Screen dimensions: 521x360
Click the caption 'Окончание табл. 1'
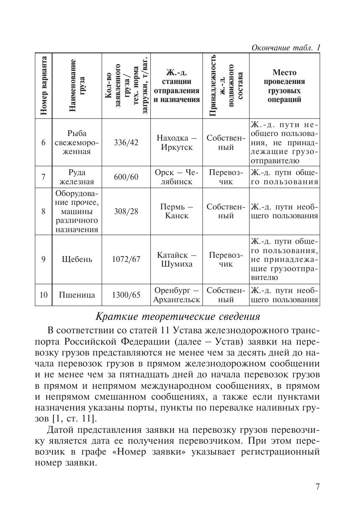click(286, 47)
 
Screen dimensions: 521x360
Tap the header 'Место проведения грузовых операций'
click(284, 86)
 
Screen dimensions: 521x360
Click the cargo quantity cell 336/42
click(126, 142)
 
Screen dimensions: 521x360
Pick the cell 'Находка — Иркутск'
click(176, 142)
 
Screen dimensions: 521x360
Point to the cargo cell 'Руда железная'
click(77, 177)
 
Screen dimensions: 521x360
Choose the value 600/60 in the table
click(126, 177)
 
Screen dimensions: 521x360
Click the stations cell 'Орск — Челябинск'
click(176, 177)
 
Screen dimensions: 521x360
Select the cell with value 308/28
click(126, 211)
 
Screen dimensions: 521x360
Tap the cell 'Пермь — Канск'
click(176, 211)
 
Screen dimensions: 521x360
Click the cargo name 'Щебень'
click(77, 259)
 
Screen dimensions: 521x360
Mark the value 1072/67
click(126, 259)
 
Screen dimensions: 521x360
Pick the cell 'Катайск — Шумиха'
click(176, 259)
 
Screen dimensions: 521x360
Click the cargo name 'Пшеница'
click(77, 295)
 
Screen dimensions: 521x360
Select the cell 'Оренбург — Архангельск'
click(176, 295)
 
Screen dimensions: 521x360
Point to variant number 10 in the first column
click(43, 295)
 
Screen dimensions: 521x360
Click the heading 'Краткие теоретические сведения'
click(178, 315)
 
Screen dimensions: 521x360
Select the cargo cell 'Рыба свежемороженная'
click(77, 142)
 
